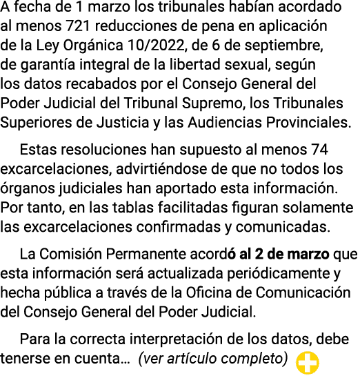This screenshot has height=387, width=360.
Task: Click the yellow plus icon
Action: (308, 363)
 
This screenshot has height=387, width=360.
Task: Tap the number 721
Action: (78, 26)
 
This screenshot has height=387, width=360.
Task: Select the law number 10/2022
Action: (156, 46)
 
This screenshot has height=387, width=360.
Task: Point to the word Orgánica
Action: (93, 46)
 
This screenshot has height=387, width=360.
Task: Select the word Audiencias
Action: (225, 122)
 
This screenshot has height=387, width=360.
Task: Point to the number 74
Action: (319, 150)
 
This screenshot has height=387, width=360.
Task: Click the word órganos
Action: (27, 188)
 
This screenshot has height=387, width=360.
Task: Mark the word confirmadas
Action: (179, 227)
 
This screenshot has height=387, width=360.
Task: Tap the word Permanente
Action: (146, 254)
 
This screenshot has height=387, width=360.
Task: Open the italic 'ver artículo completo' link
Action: (213, 359)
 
